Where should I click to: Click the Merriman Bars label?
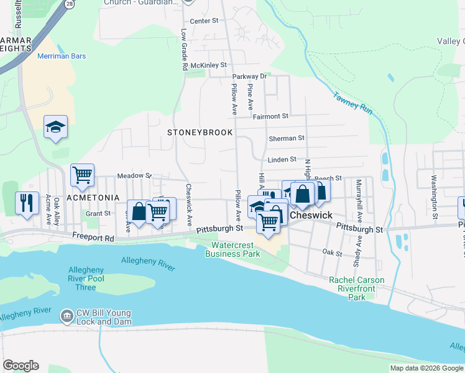click(x=62, y=56)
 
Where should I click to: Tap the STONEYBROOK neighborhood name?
click(x=200, y=132)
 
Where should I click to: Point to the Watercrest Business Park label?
click(x=233, y=249)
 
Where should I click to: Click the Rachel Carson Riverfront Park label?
click(x=357, y=288)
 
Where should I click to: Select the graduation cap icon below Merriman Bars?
click(x=55, y=127)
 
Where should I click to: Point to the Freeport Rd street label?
click(x=93, y=237)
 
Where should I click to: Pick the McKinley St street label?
click(x=209, y=65)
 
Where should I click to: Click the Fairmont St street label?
click(x=270, y=116)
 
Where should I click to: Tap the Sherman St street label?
click(x=286, y=138)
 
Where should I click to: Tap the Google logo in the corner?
click(x=21, y=366)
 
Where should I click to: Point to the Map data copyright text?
click(x=426, y=368)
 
